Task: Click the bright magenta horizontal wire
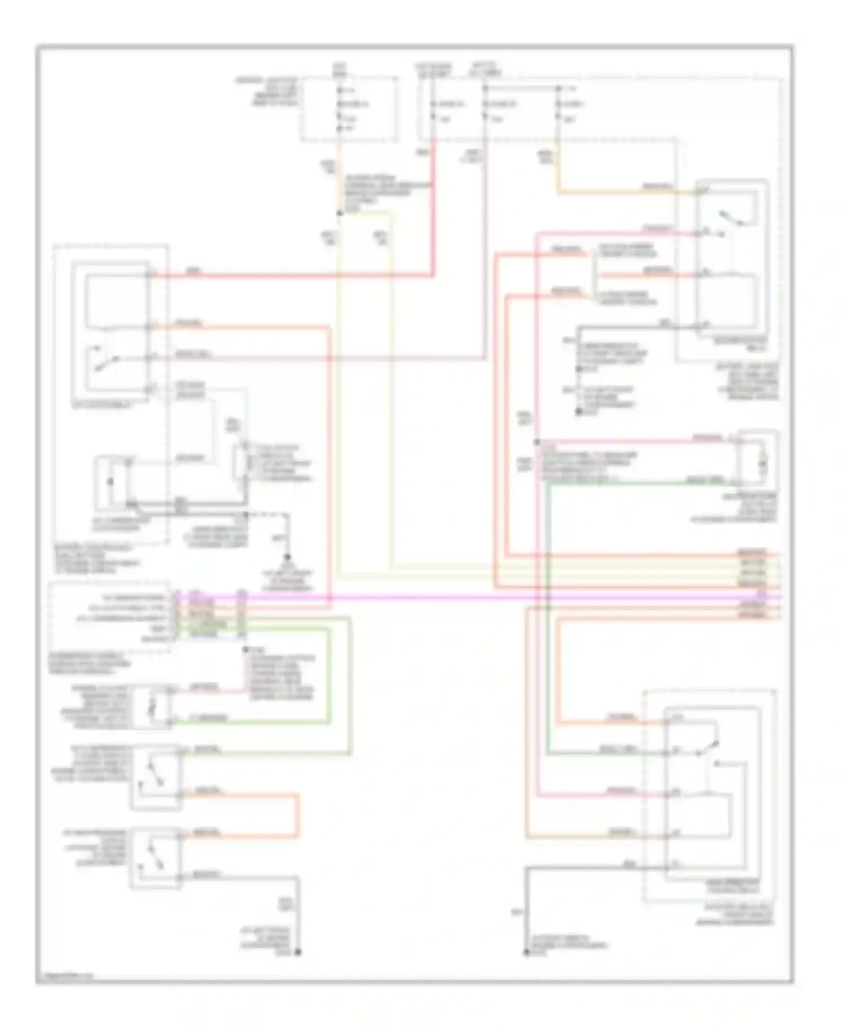click(x=451, y=597)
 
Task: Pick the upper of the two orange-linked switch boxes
click(x=156, y=778)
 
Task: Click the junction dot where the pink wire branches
click(x=537, y=442)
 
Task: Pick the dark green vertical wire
click(x=548, y=619)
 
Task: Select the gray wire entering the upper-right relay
click(x=637, y=327)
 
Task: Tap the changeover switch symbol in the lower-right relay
click(x=707, y=749)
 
